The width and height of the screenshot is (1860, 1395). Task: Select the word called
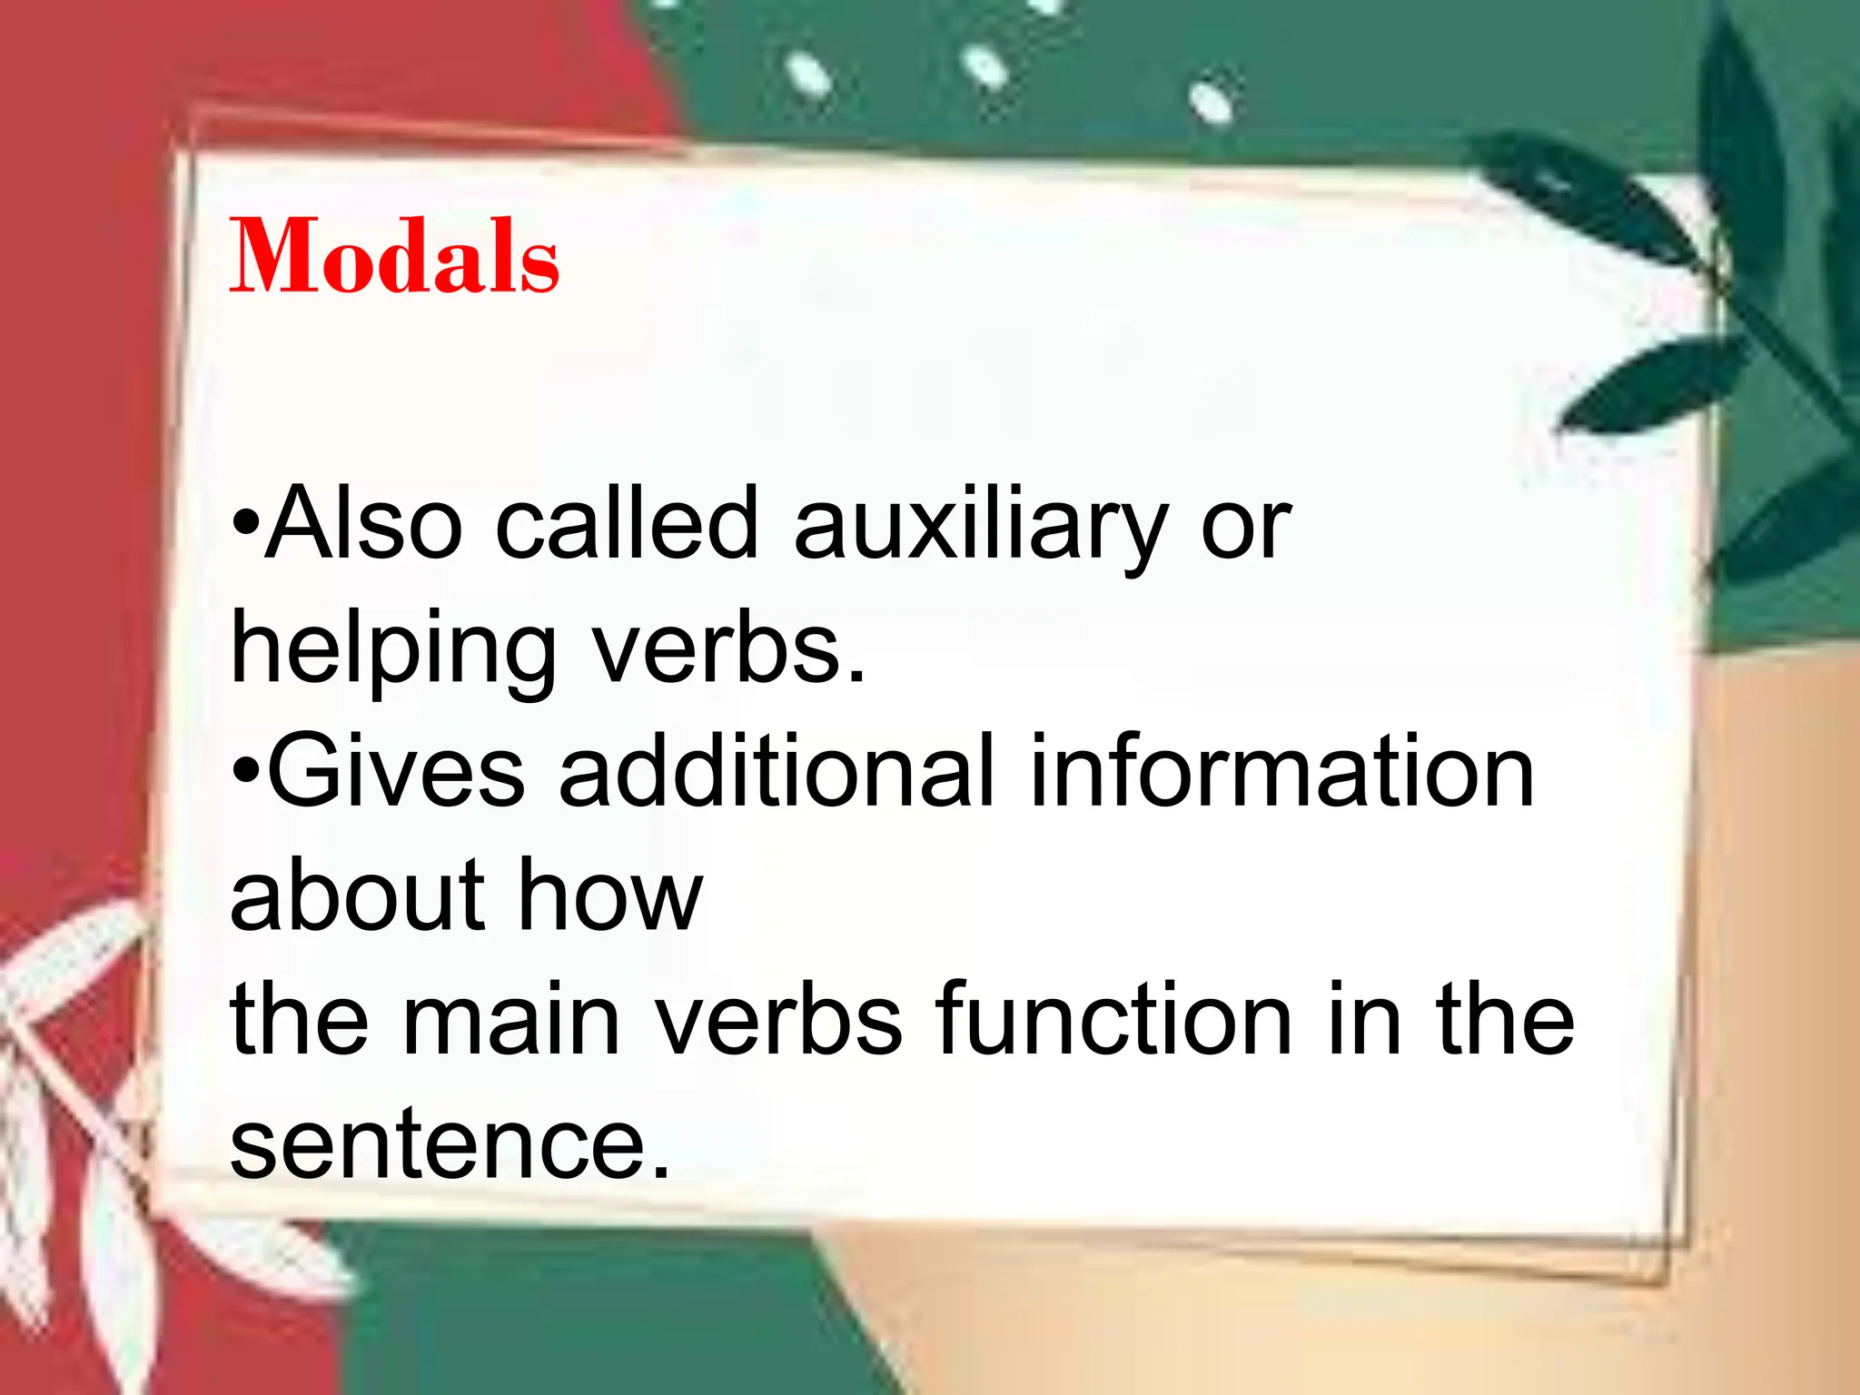tap(627, 524)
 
